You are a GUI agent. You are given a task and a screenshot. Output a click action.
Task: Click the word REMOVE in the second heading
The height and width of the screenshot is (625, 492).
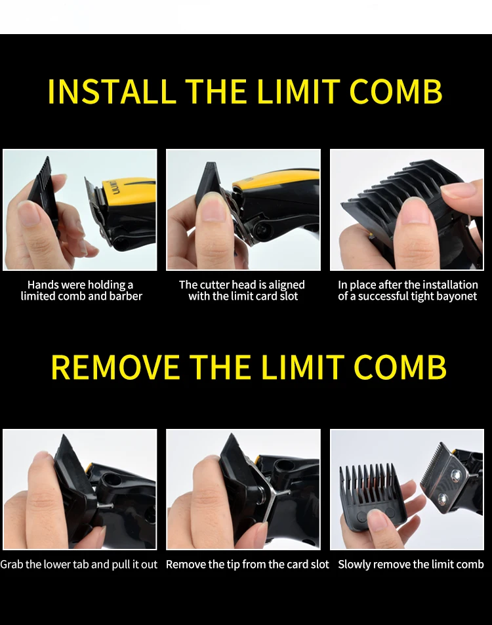click(x=115, y=367)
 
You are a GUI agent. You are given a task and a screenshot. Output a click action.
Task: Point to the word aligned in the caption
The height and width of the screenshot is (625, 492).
click(x=287, y=285)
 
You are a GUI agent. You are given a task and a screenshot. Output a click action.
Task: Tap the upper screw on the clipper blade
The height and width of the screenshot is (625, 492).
click(x=454, y=474)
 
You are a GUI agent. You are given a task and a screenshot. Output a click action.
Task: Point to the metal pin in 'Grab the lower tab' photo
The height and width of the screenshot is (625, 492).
click(x=105, y=506)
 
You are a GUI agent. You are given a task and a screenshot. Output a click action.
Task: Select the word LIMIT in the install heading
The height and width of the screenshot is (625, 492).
click(x=298, y=91)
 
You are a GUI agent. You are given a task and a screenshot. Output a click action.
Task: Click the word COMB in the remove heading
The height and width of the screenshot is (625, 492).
click(x=400, y=367)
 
